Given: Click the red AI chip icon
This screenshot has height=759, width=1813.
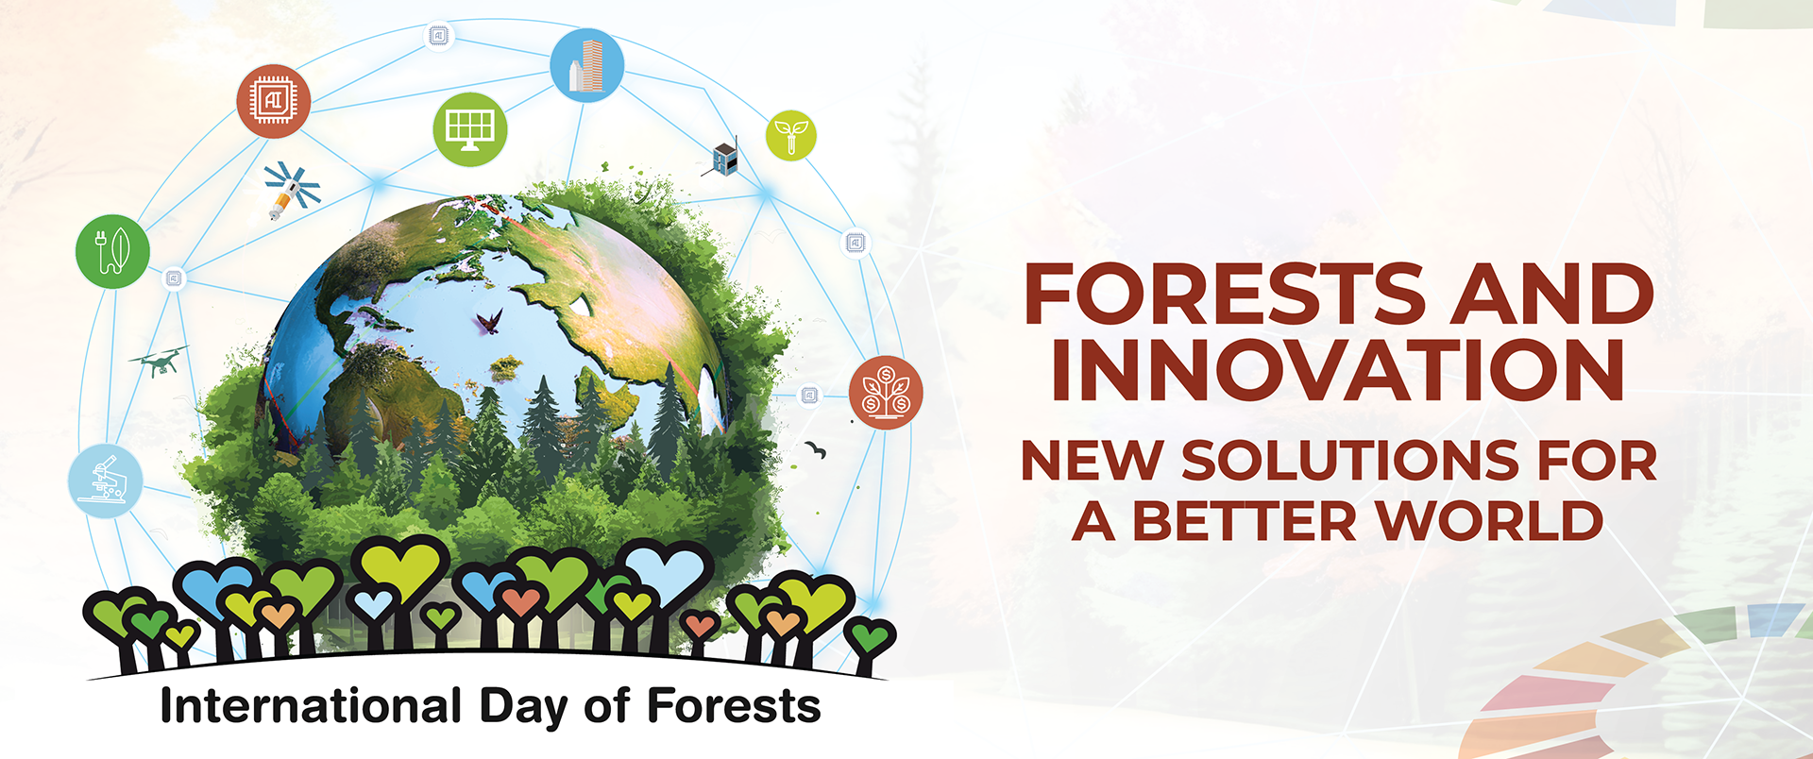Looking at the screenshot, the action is click(274, 101).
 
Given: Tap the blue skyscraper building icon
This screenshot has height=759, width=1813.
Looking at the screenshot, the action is click(586, 65).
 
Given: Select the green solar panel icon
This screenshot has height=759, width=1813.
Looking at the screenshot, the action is click(469, 129).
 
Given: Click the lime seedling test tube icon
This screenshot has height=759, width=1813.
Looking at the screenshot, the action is click(791, 135).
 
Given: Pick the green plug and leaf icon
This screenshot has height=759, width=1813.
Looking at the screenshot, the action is click(112, 252).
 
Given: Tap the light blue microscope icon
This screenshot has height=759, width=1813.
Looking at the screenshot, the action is click(106, 481).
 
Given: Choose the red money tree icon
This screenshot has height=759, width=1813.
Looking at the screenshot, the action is click(886, 393).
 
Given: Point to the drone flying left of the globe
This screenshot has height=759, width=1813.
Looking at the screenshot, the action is click(159, 360).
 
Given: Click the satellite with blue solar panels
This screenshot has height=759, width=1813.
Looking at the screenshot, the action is click(293, 189).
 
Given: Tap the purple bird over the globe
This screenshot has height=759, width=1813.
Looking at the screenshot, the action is click(489, 323).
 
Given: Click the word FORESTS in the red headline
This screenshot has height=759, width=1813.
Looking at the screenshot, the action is click(1226, 295).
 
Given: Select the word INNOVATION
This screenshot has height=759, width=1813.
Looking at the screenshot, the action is click(1338, 370).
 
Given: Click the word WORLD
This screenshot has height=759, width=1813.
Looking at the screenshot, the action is click(1489, 521).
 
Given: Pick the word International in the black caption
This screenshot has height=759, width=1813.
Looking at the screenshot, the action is click(312, 706).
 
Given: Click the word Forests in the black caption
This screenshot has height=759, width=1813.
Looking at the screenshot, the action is click(734, 706).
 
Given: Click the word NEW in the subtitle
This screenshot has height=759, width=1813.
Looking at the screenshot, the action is click(1093, 462).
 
